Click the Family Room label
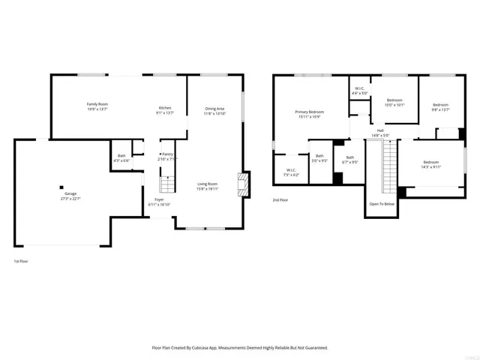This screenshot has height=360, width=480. [97, 104]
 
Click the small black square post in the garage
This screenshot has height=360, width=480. [61, 187]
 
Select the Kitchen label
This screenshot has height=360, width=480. [164, 108]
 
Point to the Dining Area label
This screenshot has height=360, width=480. [215, 109]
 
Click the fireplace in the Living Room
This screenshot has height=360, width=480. [242, 184]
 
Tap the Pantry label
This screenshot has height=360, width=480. [167, 154]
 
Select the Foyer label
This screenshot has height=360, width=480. [160, 199]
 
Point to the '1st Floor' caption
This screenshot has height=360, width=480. [21, 261]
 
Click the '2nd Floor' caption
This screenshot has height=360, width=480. [280, 199]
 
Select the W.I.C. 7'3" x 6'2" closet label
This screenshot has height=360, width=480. [290, 170]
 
